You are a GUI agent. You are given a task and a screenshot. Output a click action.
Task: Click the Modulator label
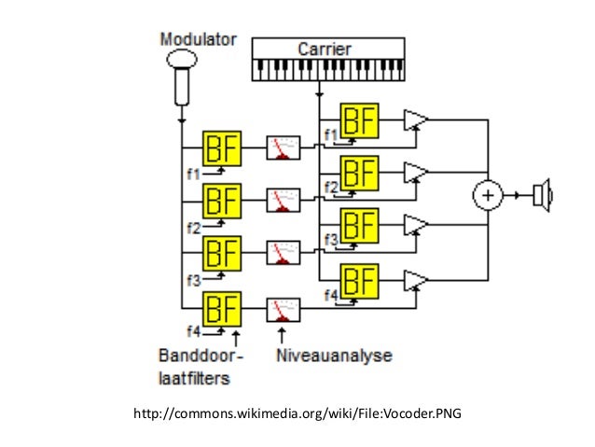pos(198,40)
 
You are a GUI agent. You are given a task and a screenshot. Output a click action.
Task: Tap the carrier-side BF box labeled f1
pos(360,120)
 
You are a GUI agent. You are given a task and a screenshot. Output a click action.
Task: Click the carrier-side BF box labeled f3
pos(360,227)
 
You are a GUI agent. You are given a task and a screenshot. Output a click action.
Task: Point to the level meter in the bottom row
pos(284,308)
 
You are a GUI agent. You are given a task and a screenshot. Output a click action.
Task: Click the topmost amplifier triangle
pos(416,120)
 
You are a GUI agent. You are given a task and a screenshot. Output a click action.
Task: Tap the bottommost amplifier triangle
pos(416,280)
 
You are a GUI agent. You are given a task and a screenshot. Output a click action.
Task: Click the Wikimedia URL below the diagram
pos(297,412)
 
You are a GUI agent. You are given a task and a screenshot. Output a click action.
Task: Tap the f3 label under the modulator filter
pos(194,279)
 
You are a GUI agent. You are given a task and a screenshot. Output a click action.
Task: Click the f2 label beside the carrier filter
pos(330,188)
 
